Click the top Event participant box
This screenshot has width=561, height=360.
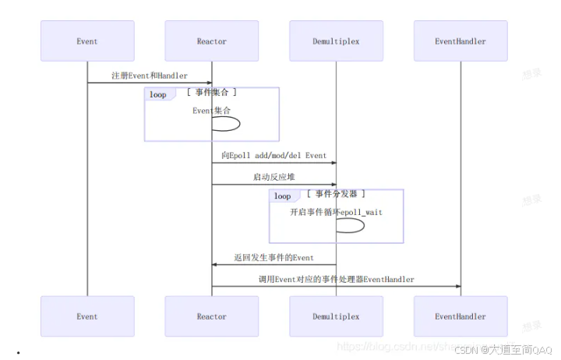click(87, 41)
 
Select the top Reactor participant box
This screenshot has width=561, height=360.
click(212, 41)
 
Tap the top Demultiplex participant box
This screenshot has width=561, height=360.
click(336, 41)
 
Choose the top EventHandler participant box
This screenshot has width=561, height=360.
click(460, 41)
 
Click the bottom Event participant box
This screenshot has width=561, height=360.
click(87, 316)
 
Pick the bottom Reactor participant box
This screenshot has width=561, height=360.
click(212, 316)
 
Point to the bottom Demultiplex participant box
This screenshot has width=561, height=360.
click(336, 316)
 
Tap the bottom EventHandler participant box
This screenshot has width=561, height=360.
click(460, 316)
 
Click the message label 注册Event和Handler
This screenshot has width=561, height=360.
click(149, 76)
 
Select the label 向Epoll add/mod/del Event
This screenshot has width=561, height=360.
click(273, 155)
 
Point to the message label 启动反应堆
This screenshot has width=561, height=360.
click(273, 177)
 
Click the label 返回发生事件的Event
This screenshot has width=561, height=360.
click(273, 257)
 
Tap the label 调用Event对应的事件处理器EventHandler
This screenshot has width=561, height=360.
click(336, 279)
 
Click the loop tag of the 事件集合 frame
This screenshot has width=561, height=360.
click(157, 94)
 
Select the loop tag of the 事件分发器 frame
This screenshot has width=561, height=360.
click(282, 196)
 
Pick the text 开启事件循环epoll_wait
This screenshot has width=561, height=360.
click(336, 211)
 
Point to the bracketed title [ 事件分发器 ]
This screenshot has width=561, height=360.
click(336, 194)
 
